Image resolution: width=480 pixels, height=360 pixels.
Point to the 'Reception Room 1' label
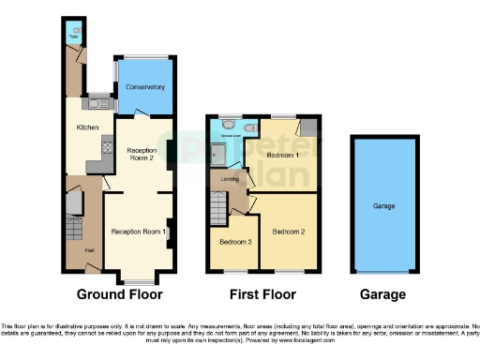(x=138, y=232)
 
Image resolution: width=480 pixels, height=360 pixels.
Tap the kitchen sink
(x=98, y=104)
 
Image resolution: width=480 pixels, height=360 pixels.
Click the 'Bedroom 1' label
(x=282, y=154)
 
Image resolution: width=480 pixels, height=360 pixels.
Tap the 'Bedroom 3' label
(x=235, y=242)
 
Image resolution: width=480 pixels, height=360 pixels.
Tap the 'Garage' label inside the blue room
(x=383, y=205)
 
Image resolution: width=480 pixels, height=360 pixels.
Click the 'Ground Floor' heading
(x=119, y=293)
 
